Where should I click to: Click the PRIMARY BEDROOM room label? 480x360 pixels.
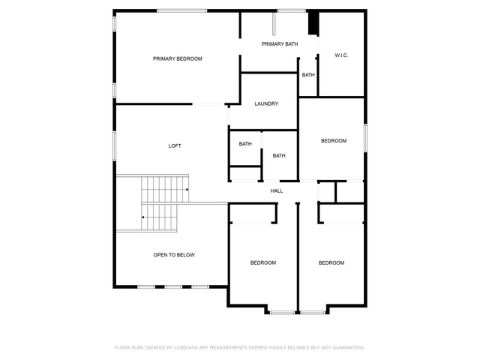pyautogui.click(x=177, y=58)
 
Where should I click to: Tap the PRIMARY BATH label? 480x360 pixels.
pyautogui.click(x=280, y=44)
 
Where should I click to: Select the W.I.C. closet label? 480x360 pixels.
pyautogui.click(x=341, y=55)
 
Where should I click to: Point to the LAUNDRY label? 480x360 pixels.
pyautogui.click(x=266, y=103)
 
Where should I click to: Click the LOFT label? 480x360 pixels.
pyautogui.click(x=175, y=146)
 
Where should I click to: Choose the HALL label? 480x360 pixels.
pyautogui.click(x=277, y=191)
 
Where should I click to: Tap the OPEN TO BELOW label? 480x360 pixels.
pyautogui.click(x=174, y=255)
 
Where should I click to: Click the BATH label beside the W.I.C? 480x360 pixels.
pyautogui.click(x=308, y=75)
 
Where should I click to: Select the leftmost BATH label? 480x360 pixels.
pyautogui.click(x=245, y=144)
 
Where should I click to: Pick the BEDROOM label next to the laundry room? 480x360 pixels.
pyautogui.click(x=334, y=141)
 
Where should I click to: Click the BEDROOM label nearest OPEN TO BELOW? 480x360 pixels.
pyautogui.click(x=263, y=262)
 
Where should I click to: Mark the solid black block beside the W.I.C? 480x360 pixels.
pyautogui.click(x=313, y=23)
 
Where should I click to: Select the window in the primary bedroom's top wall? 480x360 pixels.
pyautogui.click(x=181, y=11)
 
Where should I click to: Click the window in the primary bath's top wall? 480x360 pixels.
pyautogui.click(x=292, y=11)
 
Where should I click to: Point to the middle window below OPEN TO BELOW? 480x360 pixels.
pyautogui.click(x=173, y=286)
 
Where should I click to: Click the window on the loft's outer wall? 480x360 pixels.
pyautogui.click(x=115, y=146)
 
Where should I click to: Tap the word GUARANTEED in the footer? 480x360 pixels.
pyautogui.click(x=349, y=347)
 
